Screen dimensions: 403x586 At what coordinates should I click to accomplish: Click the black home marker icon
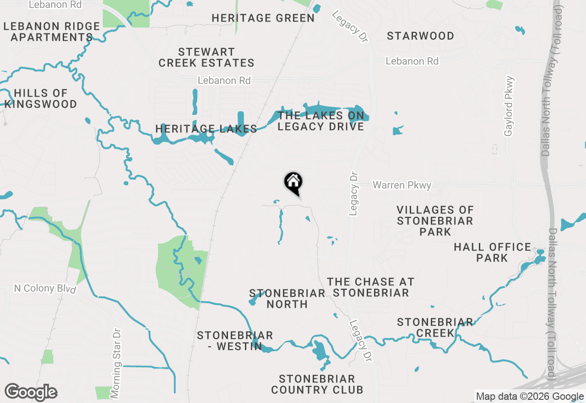click(293, 183)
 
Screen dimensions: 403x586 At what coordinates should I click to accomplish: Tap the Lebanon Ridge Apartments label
click(52, 32)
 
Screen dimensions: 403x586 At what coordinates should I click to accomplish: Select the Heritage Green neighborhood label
click(263, 18)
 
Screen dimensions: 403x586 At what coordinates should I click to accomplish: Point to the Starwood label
click(420, 36)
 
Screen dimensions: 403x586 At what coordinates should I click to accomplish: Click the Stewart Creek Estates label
click(206, 57)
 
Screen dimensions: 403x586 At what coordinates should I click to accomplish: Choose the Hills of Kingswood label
click(41, 99)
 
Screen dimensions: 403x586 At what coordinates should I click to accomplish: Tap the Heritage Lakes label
click(206, 129)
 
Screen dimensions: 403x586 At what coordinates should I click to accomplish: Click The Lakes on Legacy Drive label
click(320, 121)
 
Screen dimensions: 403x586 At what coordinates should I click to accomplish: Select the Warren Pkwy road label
click(402, 185)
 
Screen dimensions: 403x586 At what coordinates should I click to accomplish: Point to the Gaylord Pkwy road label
click(509, 106)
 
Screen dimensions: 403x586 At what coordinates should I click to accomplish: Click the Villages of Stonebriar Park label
click(435, 221)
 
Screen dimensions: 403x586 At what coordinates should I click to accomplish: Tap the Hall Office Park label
click(492, 252)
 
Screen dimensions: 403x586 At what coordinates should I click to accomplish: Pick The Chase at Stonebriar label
click(371, 287)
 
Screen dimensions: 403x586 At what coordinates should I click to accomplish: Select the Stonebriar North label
click(287, 299)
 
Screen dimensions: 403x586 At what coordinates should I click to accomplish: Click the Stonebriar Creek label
click(435, 327)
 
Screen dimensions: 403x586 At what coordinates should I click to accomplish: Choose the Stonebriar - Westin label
click(235, 341)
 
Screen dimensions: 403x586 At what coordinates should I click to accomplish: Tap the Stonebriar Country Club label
click(317, 384)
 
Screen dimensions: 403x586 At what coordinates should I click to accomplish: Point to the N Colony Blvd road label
click(45, 289)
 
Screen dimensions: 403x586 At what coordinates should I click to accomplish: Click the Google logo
click(31, 392)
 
